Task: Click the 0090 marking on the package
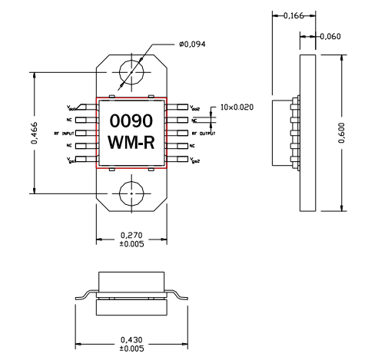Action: (131, 121)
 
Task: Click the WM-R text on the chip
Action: (131, 143)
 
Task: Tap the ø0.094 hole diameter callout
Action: (193, 45)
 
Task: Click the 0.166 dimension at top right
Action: (293, 15)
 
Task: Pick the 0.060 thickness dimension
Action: (330, 36)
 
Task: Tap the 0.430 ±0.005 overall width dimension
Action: (131, 342)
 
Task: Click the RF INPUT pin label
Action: (61, 134)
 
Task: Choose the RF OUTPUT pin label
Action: (203, 134)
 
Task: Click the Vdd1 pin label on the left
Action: (71, 108)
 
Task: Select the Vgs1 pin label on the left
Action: (71, 160)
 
